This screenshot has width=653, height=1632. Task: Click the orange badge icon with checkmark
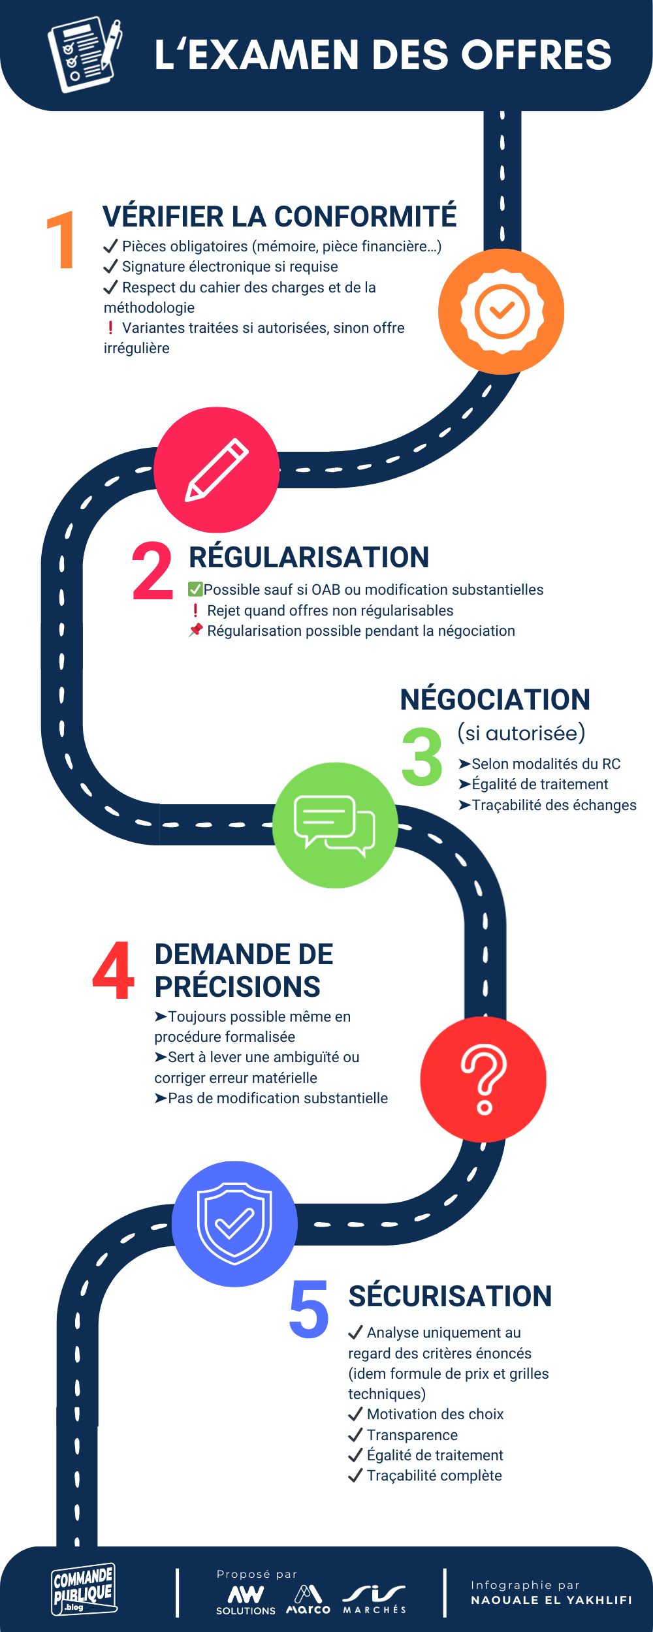[502, 311]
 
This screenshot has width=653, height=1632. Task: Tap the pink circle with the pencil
[217, 470]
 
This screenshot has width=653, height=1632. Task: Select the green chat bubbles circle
[335, 825]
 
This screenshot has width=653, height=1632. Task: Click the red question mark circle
[483, 1078]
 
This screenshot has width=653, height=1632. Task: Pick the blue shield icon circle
[234, 1224]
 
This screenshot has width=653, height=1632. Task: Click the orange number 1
[61, 240]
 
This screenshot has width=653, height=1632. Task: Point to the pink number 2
[152, 572]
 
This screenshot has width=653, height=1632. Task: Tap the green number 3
[422, 757]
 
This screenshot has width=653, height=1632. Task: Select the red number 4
[114, 971]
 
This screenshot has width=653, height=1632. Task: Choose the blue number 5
[309, 1308]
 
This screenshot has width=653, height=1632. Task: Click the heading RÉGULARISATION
[309, 557]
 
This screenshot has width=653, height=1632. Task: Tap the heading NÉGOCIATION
[495, 700]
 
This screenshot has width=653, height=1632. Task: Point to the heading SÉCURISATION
[450, 1296]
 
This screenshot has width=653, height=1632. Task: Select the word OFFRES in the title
[537, 55]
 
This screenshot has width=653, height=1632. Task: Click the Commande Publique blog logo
[84, 1589]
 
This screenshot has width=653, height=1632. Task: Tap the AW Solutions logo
[246, 1599]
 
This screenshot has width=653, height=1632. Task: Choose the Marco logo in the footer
[308, 1599]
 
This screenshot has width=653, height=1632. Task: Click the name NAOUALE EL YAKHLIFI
[551, 1600]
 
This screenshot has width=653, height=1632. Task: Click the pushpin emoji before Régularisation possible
[195, 631]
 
